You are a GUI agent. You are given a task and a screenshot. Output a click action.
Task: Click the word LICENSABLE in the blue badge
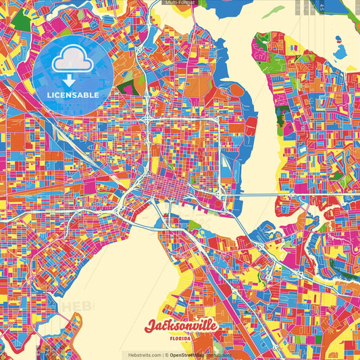point(73,95)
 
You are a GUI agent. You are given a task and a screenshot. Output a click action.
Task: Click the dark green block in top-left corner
point(21,21)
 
